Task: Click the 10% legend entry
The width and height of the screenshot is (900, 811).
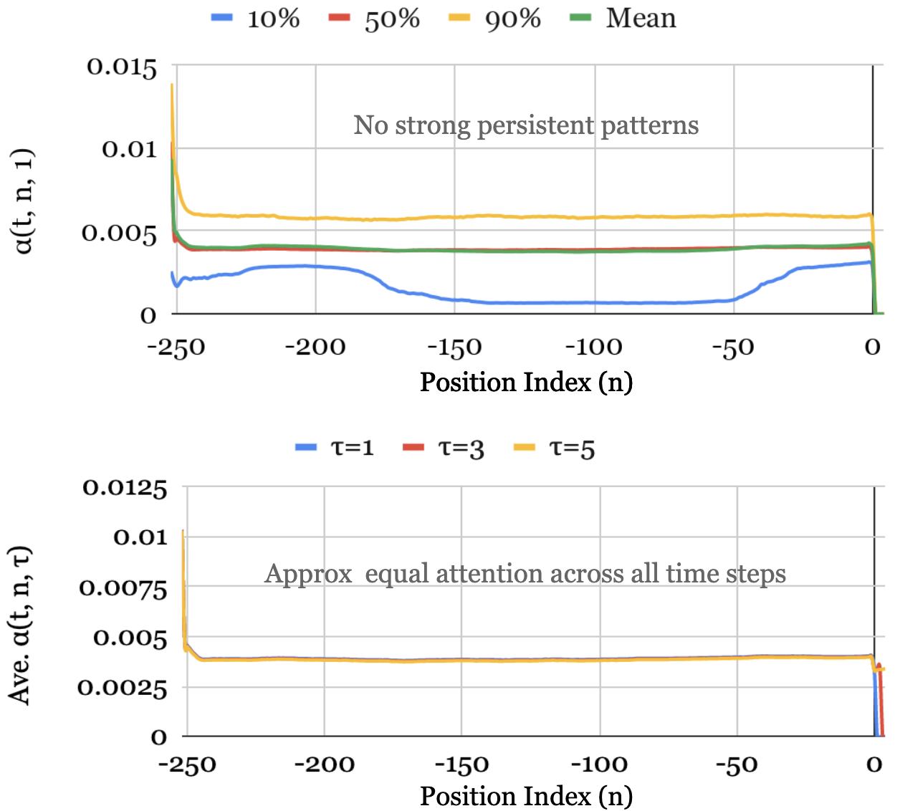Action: (x=257, y=18)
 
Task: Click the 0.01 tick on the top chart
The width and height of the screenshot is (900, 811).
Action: (x=129, y=150)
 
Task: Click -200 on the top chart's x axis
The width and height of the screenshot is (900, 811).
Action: (x=315, y=348)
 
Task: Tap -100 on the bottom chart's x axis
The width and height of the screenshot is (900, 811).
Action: (x=598, y=764)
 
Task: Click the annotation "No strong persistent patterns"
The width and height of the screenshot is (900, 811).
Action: (x=526, y=125)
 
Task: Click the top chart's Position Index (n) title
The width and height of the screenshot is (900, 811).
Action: (x=526, y=383)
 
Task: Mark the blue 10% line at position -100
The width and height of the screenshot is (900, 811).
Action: (x=594, y=302)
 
